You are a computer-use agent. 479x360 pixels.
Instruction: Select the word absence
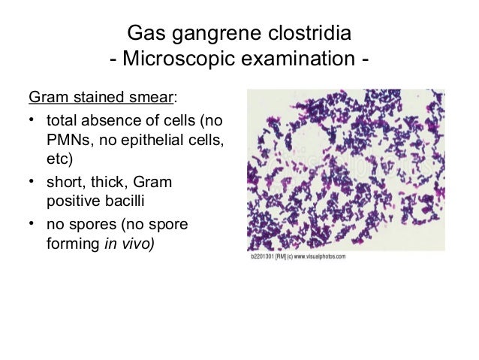pyautogui.click(x=115, y=120)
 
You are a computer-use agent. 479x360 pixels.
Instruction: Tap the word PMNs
pyautogui.click(x=68, y=140)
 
